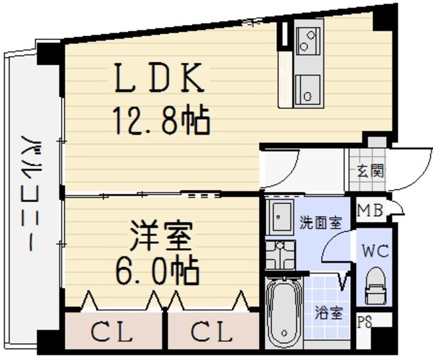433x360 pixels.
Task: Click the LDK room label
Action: (x=160, y=78)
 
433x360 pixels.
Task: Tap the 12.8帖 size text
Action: (x=161, y=120)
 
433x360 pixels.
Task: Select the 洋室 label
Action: (x=161, y=235)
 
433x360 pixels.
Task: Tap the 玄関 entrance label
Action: (x=370, y=171)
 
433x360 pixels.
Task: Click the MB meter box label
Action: (x=370, y=210)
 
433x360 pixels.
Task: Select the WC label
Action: (x=375, y=251)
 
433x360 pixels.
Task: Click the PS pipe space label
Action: (x=365, y=322)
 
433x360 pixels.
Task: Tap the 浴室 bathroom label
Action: (x=329, y=313)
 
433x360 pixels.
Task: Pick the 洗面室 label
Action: (x=321, y=223)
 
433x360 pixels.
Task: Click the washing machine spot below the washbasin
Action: (x=280, y=254)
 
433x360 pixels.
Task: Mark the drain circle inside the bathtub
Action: (x=284, y=333)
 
